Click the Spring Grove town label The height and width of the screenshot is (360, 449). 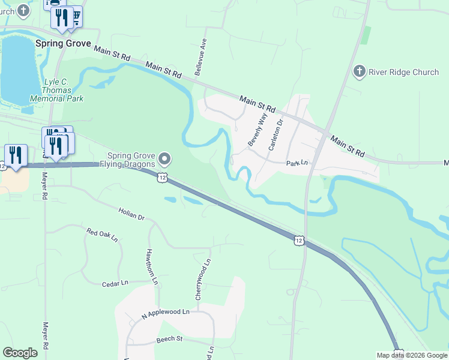(63, 44)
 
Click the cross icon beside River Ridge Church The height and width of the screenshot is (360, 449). (360, 72)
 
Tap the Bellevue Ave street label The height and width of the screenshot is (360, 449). (200, 58)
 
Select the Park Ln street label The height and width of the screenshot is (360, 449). (297, 163)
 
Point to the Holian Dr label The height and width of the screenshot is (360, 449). (132, 214)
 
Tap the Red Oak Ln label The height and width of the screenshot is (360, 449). (102, 234)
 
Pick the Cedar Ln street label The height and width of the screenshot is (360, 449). (115, 283)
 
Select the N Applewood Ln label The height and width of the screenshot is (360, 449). (165, 313)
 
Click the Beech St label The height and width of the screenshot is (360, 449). (169, 339)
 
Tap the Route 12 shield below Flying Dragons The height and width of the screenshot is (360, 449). (163, 177)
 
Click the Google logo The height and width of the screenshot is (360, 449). (20, 353)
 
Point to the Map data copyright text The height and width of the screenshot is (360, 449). (412, 355)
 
